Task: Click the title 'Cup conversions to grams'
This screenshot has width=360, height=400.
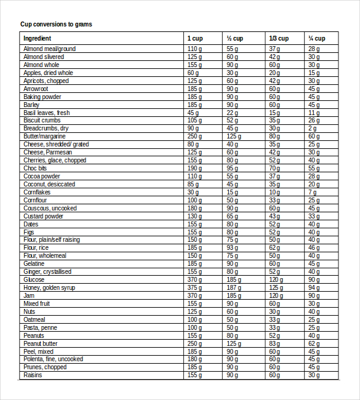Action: click(x=57, y=25)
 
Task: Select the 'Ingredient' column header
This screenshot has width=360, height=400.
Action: click(x=37, y=38)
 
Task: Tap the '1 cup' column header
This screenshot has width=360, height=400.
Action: click(x=194, y=38)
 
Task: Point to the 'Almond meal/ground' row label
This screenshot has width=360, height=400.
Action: click(x=49, y=49)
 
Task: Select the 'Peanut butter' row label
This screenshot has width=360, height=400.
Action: click(x=41, y=343)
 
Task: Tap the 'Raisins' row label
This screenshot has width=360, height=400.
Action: click(x=33, y=375)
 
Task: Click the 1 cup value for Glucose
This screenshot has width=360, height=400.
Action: click(x=194, y=279)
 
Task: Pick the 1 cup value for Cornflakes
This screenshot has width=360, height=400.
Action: click(x=193, y=192)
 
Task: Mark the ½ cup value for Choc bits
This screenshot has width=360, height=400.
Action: click(x=232, y=168)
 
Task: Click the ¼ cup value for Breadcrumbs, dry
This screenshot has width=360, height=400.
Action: click(x=313, y=128)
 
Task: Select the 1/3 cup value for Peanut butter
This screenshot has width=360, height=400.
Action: click(x=274, y=343)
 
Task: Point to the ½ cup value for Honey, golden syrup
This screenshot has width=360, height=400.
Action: click(x=233, y=287)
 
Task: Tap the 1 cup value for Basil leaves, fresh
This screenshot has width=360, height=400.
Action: click(x=193, y=113)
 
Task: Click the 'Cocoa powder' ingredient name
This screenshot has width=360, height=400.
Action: click(x=42, y=176)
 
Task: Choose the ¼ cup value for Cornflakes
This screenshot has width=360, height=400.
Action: click(x=313, y=192)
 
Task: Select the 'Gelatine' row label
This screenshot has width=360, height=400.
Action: click(x=34, y=263)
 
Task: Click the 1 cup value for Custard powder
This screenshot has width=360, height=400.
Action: click(x=194, y=216)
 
